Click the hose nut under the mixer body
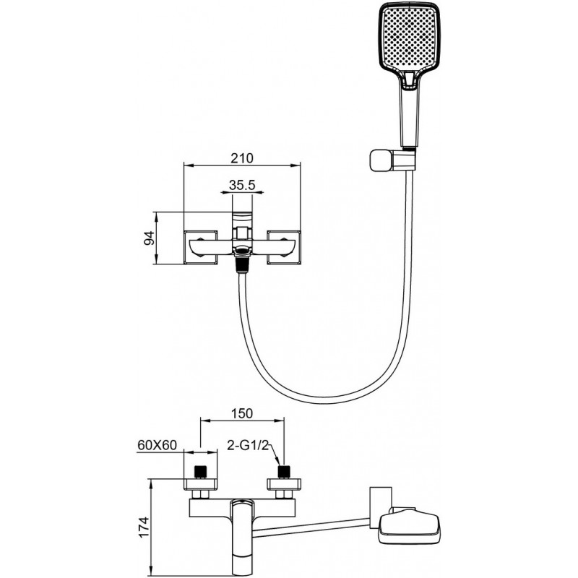(243, 265)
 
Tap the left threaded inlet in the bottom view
(201, 471)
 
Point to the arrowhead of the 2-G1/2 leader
(279, 462)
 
